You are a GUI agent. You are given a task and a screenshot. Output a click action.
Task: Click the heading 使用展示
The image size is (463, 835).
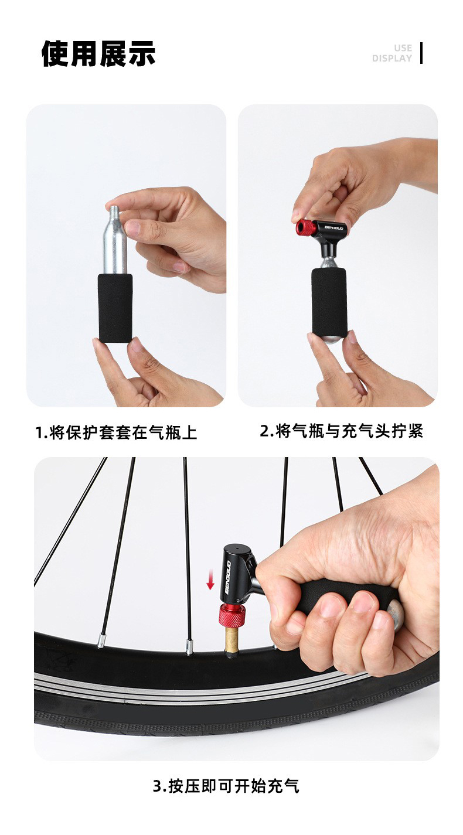[98, 54]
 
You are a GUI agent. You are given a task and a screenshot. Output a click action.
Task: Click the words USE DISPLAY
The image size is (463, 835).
[392, 53]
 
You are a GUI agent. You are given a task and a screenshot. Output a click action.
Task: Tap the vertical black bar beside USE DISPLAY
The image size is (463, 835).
[421, 53]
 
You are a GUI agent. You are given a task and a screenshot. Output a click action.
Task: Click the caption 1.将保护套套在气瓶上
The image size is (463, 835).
[116, 433]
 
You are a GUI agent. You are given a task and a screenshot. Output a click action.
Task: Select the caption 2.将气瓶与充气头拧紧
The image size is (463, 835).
[341, 432]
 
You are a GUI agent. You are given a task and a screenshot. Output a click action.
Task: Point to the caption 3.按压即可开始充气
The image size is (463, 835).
[226, 786]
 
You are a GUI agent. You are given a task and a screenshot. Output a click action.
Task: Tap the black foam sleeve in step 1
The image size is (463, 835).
[115, 307]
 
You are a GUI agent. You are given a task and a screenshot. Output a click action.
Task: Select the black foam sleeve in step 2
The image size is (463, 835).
[329, 301]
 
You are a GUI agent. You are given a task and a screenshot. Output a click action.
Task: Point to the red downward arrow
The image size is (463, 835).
[210, 581]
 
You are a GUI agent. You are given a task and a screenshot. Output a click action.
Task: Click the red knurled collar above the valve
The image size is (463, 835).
[232, 616]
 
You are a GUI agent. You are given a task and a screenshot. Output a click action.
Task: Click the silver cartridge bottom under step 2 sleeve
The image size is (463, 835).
[329, 338]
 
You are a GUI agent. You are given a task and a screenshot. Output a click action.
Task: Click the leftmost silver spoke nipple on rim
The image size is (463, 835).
[100, 643]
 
